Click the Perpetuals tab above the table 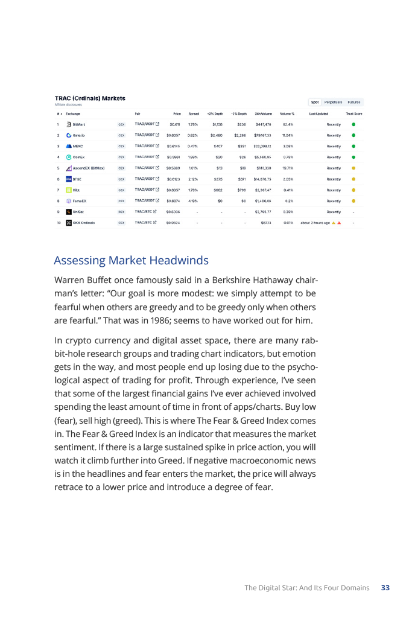pos(333,102)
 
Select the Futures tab pos(354,102)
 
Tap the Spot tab pos(314,102)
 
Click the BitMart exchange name pos(78,124)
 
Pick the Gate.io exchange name pos(79,135)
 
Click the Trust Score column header pos(353,113)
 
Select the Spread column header pos(194,113)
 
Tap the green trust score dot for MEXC pos(353,146)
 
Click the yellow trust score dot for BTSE pos(353,179)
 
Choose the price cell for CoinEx pos(173,157)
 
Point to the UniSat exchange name pos(78,211)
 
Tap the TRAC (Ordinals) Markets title pos(90,98)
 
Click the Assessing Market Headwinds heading pos(131,261)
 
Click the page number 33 pos(385,587)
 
